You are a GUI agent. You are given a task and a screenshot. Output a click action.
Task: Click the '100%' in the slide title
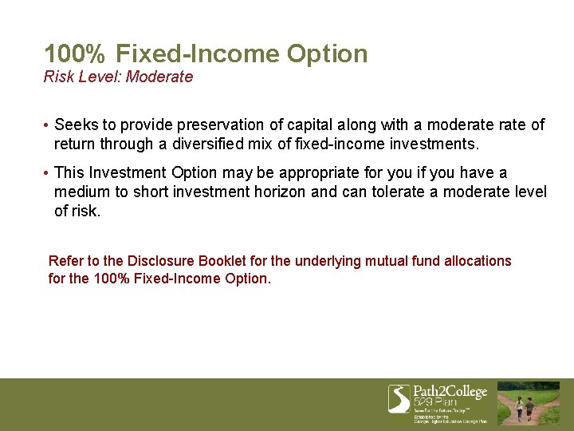pyautogui.click(x=75, y=54)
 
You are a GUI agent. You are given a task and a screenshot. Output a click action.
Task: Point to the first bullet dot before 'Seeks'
pyautogui.click(x=47, y=125)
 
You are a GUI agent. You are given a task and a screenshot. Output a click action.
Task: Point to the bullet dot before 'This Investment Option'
pyautogui.click(x=47, y=173)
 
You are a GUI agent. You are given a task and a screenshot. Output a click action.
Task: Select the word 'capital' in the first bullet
pyautogui.click(x=312, y=125)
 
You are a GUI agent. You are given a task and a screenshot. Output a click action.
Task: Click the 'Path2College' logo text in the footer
pyautogui.click(x=450, y=392)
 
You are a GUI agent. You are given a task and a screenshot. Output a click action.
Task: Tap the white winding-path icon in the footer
pyautogui.click(x=399, y=398)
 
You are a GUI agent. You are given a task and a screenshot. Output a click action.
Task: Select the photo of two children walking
pyautogui.click(x=529, y=403)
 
